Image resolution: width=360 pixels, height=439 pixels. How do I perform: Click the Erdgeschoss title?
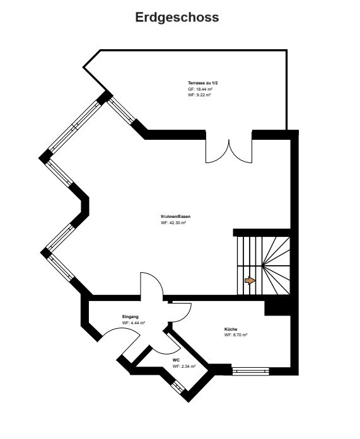177,18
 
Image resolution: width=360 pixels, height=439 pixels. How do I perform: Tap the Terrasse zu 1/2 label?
203,83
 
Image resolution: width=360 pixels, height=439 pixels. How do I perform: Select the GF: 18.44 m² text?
200,89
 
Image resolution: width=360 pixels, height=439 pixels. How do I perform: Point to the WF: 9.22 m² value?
199,95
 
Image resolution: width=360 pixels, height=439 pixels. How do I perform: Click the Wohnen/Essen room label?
176,217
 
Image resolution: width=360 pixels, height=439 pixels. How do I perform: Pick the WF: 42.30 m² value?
173,223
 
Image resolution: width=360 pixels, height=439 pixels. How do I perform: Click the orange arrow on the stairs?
250,280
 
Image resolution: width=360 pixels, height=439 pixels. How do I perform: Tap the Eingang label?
131,317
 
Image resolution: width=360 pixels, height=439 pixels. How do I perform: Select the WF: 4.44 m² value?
134,323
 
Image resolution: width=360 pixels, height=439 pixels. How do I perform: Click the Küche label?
231,329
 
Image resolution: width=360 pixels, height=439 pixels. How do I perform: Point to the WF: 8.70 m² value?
236,335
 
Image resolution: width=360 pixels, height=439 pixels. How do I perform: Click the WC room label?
177,360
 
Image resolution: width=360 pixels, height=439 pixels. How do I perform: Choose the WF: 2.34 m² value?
184,366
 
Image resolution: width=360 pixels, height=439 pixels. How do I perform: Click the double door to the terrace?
229,151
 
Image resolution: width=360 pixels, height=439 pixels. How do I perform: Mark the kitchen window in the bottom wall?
251,371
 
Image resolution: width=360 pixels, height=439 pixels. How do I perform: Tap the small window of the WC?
178,387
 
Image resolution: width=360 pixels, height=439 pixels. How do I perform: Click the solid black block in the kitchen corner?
277,308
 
